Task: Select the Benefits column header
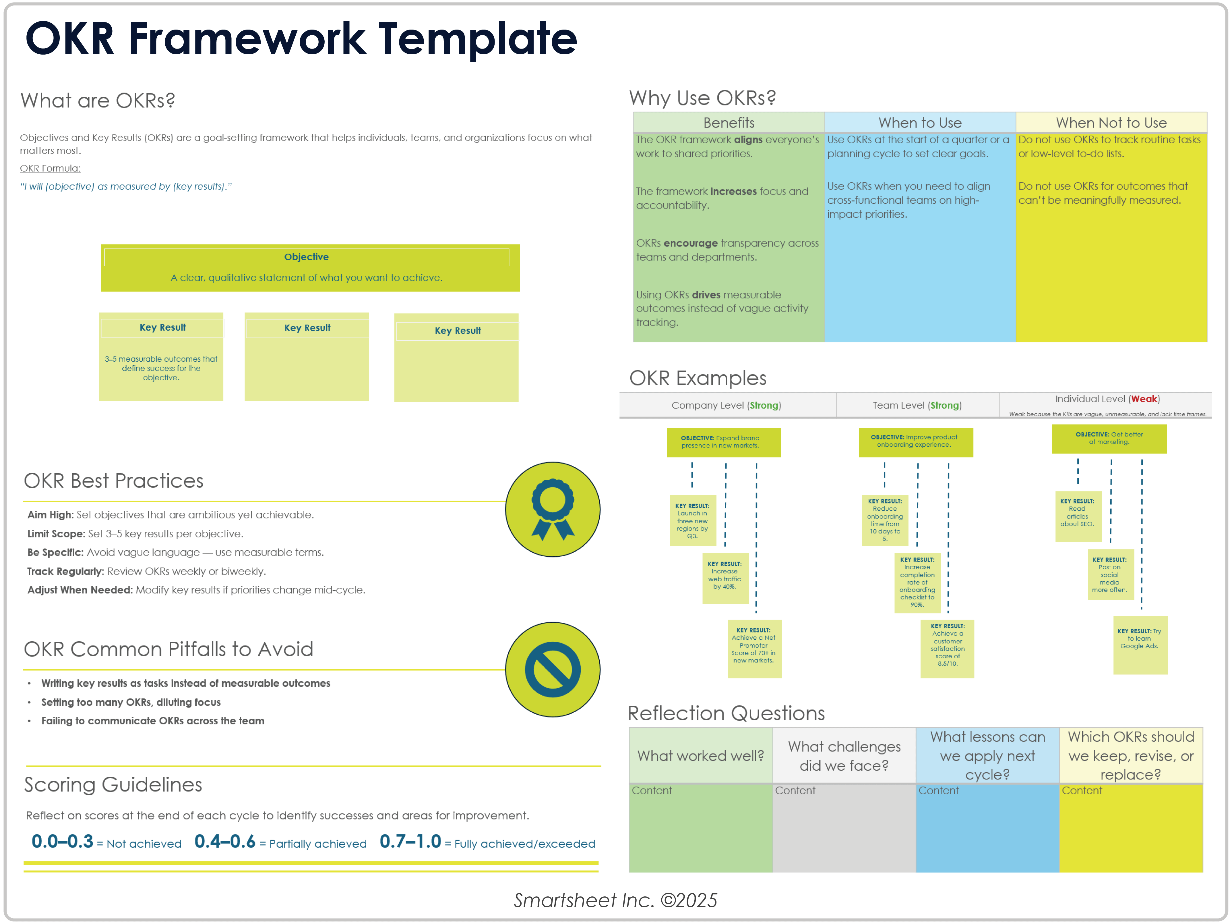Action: [729, 123]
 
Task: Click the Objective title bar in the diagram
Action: [306, 257]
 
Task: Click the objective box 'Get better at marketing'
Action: [1109, 439]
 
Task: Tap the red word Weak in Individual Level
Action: [1144, 399]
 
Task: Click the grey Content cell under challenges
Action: [844, 827]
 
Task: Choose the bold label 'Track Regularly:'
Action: [65, 571]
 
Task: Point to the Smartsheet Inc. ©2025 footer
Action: [615, 900]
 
